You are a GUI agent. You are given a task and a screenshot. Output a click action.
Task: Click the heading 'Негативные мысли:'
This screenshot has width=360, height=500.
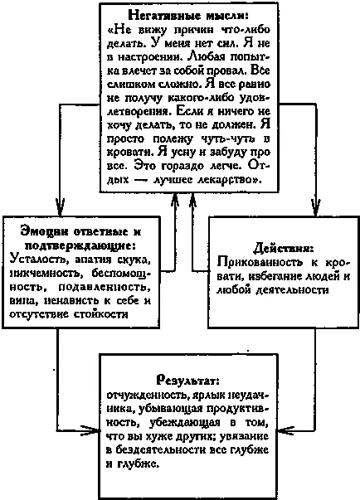pyautogui.click(x=188, y=15)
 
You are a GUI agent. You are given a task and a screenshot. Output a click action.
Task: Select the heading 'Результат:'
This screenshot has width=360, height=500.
pyautogui.click(x=188, y=381)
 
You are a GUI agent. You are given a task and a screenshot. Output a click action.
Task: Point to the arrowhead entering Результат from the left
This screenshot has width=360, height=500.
pyautogui.click(x=90, y=431)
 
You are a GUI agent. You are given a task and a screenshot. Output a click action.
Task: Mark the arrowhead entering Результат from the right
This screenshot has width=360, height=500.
pyautogui.click(x=286, y=431)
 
